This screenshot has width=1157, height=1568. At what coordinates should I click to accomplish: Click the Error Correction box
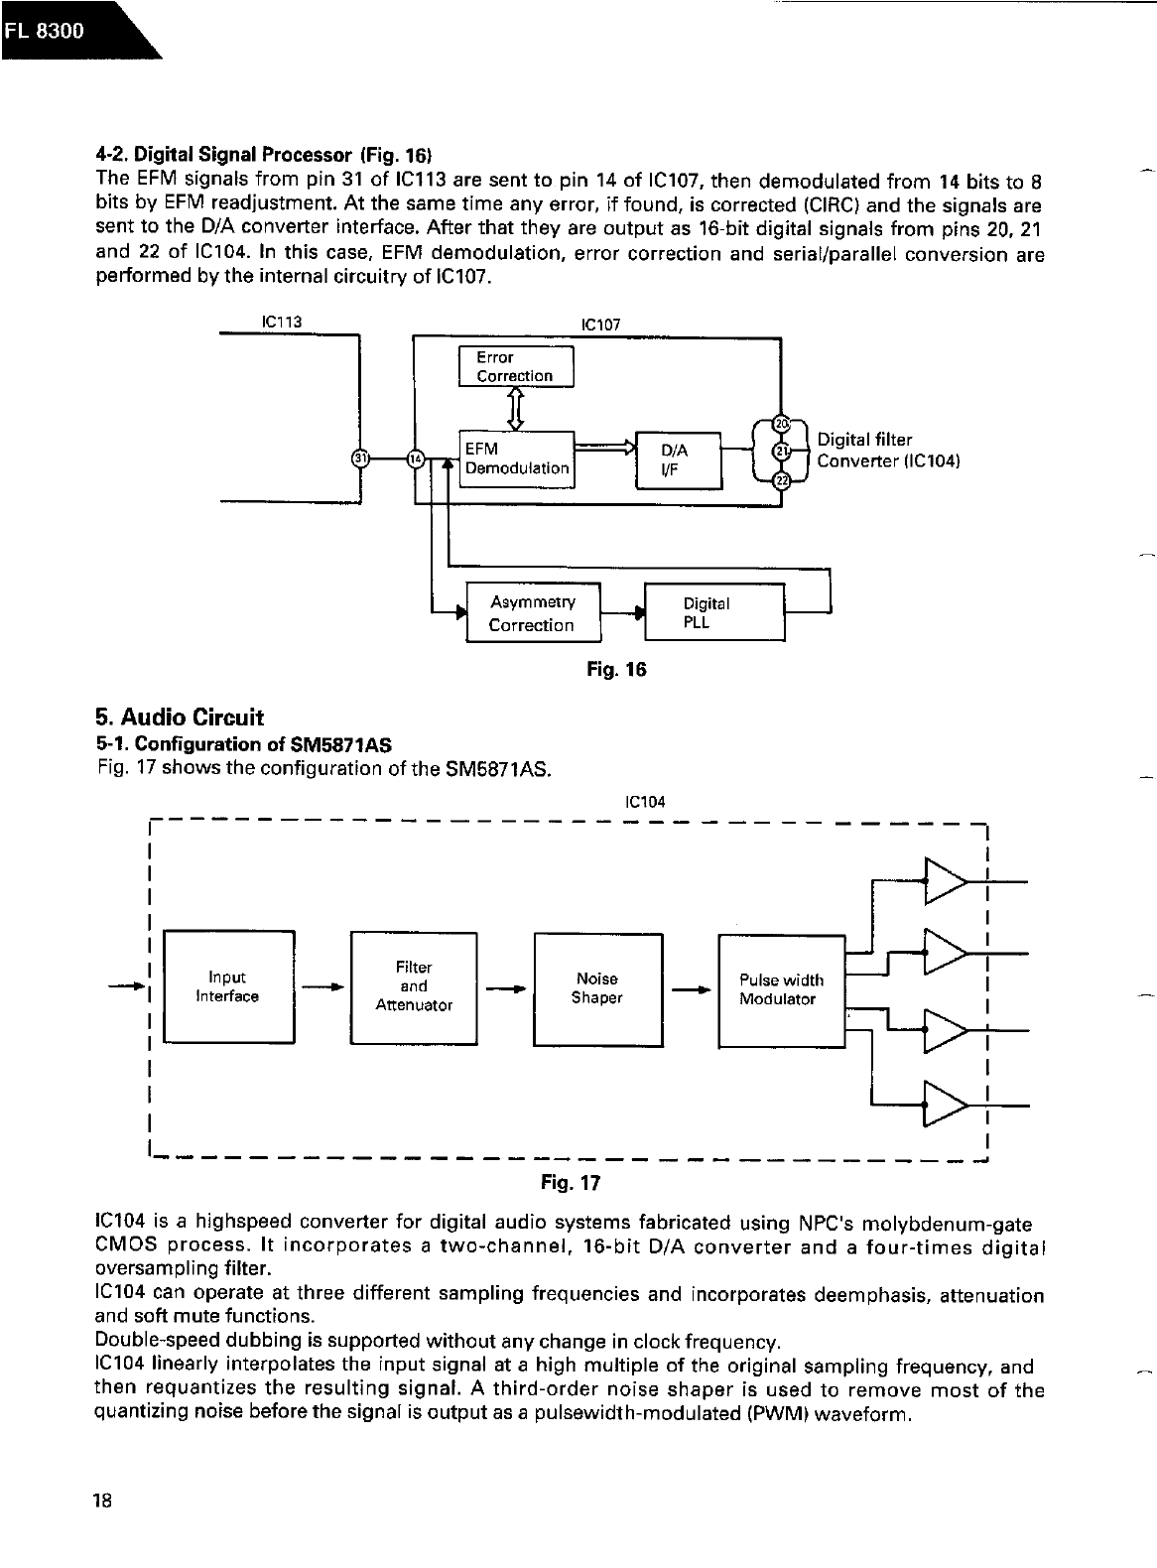point(516,366)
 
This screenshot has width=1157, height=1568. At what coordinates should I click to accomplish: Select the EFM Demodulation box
point(516,458)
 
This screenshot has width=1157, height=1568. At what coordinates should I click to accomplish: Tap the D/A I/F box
point(679,460)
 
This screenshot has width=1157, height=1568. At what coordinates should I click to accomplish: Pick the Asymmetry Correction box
point(533,613)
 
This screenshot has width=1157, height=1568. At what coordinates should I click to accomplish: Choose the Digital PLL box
point(713,613)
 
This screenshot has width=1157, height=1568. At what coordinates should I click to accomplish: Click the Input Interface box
point(228,987)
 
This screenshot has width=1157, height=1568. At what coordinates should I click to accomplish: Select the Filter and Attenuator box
point(414,987)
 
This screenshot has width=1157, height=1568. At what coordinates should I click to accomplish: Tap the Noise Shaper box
point(597,988)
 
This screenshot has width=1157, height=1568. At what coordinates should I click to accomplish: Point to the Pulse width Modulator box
point(779,989)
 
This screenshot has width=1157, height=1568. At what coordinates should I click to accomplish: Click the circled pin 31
point(360,458)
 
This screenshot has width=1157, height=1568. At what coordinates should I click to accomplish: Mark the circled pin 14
point(416,458)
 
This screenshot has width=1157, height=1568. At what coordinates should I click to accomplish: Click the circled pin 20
point(782,425)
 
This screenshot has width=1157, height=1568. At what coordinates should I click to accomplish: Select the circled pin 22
point(782,481)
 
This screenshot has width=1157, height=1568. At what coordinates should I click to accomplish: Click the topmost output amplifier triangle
point(944,880)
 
